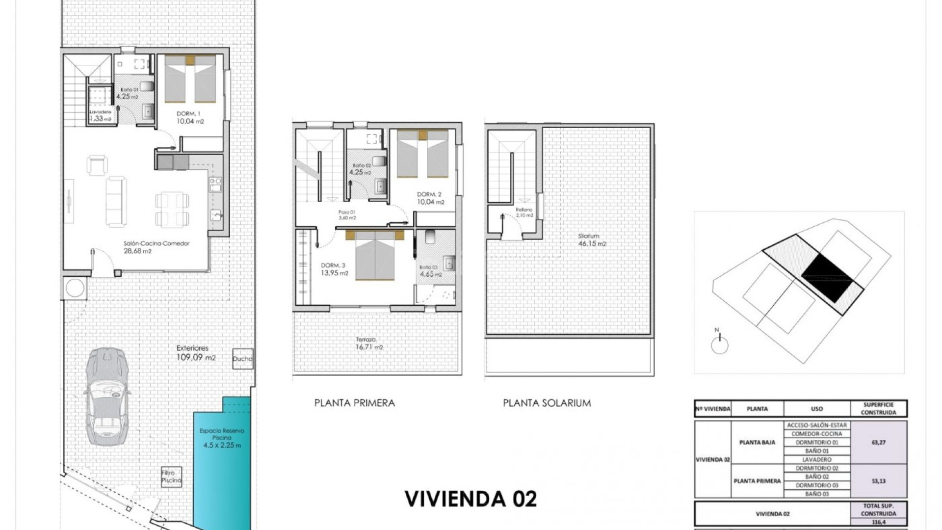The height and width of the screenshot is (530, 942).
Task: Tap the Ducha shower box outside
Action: [x=242, y=359]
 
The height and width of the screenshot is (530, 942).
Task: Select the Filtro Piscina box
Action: [x=171, y=477]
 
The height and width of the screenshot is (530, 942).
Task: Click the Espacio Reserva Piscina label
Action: [x=222, y=438]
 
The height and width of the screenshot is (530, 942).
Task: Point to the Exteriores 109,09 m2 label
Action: [x=196, y=353]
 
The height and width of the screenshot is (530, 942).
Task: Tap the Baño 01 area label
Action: [x=129, y=93]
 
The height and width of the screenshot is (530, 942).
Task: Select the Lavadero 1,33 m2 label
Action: [x=100, y=115]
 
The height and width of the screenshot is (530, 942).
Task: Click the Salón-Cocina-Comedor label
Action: [x=156, y=247]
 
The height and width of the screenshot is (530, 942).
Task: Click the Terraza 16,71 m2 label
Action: [x=368, y=343]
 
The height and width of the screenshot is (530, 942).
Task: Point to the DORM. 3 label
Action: [x=334, y=269]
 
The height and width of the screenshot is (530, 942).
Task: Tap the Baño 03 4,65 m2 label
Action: [x=430, y=271]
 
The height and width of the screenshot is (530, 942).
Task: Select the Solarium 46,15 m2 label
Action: [x=592, y=239]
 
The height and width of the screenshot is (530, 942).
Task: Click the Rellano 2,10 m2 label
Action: [x=524, y=212]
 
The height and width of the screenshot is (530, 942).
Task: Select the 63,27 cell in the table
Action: [x=878, y=442]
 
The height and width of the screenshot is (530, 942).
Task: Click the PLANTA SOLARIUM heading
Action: [x=547, y=403]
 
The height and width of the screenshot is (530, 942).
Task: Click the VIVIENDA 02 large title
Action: [x=471, y=499]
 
